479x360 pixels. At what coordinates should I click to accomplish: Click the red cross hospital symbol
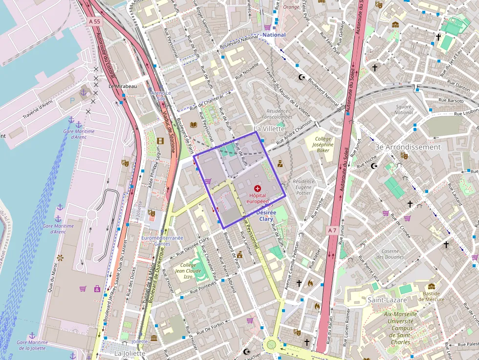pyautogui.click(x=258, y=188)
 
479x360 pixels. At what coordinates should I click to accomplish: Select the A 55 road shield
pyautogui.click(x=95, y=22)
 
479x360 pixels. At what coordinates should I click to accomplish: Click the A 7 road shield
pyautogui.click(x=332, y=230)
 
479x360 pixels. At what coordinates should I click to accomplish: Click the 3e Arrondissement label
pyautogui.click(x=408, y=147)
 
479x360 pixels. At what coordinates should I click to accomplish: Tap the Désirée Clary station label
pyautogui.click(x=266, y=216)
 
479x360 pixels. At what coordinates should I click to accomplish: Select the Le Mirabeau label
pyautogui.click(x=123, y=86)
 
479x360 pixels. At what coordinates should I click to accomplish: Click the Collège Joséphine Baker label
pyautogui.click(x=323, y=145)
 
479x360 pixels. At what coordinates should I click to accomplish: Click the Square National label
pyautogui.click(x=404, y=109)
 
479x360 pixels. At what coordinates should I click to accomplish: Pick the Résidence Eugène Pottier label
pyautogui.click(x=304, y=187)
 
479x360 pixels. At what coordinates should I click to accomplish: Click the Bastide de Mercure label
pyautogui.click(x=432, y=296)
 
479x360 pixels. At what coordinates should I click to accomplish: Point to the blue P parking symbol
pyautogui.click(x=73, y=100)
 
